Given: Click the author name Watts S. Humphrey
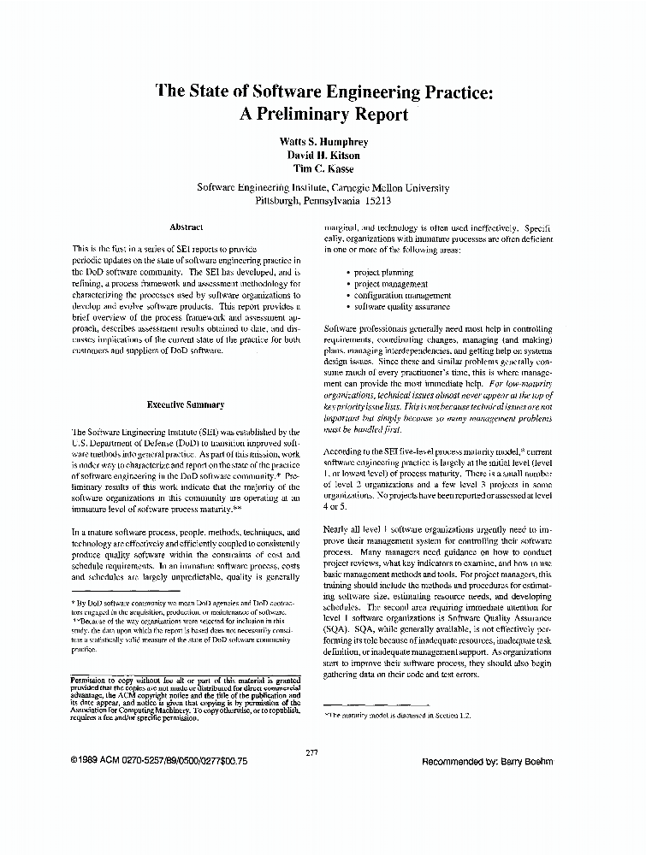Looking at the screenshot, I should pos(323,140).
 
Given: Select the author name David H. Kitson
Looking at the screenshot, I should pos(323,155).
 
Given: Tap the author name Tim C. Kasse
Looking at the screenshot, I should pos(323,169).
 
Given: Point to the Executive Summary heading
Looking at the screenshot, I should pos(186,404).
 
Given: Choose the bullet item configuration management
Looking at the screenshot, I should pos(402,295).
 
